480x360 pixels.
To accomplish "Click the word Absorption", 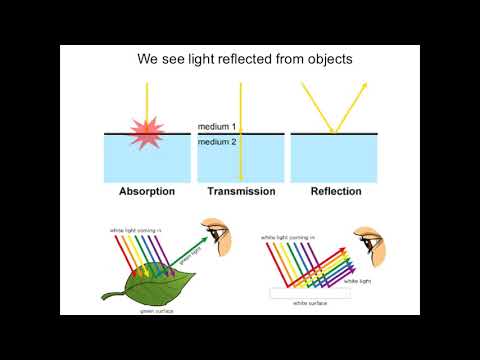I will click(x=146, y=191).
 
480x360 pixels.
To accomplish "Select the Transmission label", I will click(x=241, y=191).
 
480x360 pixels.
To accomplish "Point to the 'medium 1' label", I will click(x=216, y=127).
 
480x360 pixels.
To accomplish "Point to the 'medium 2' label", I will click(x=216, y=141).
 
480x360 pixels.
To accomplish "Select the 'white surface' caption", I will click(x=312, y=301).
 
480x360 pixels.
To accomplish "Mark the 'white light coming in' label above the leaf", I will click(x=135, y=231).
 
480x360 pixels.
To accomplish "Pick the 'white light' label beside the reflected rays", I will click(x=358, y=281).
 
